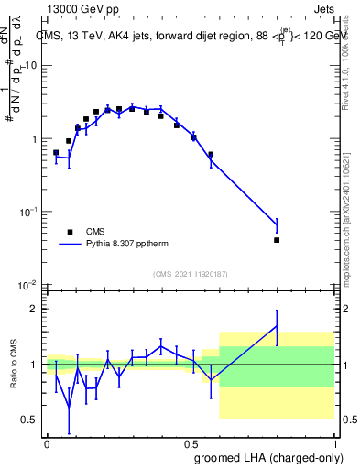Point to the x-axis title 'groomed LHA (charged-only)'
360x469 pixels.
(x=271, y=457)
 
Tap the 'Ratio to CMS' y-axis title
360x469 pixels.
(x=13, y=365)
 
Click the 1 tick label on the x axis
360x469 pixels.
(x=339, y=444)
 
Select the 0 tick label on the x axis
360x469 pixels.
(x=47, y=444)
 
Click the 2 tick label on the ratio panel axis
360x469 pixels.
(x=35, y=309)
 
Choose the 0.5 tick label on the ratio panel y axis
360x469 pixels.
(x=30, y=420)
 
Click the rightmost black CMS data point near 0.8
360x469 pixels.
(x=277, y=240)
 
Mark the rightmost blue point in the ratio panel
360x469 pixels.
(x=277, y=326)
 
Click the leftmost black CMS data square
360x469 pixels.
(x=56, y=153)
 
